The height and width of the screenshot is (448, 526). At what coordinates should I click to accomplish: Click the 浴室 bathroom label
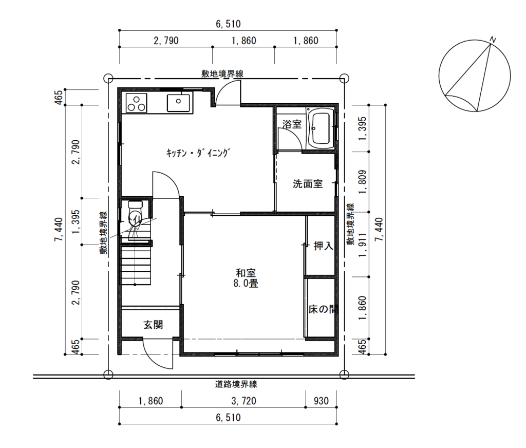click(x=292, y=124)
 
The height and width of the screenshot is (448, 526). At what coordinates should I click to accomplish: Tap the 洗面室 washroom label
click(x=308, y=184)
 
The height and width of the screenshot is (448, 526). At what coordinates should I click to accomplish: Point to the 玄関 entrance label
click(x=153, y=325)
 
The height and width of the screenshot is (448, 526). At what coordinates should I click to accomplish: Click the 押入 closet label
click(x=324, y=246)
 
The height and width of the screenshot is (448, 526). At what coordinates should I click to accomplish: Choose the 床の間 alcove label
click(x=322, y=309)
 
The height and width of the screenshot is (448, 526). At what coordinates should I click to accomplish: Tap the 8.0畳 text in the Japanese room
click(x=246, y=284)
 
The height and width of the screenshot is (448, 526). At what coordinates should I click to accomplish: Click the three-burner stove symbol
click(x=137, y=103)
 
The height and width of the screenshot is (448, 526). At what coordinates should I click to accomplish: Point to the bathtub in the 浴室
click(x=321, y=128)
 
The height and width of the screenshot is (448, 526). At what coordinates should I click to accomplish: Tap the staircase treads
click(x=136, y=266)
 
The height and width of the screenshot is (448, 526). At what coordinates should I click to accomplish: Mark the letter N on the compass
click(x=493, y=40)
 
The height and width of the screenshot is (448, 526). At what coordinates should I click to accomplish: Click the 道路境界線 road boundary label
click(x=236, y=384)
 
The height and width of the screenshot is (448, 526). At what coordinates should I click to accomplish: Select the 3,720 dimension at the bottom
click(x=244, y=401)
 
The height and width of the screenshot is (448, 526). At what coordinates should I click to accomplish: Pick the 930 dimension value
click(x=321, y=401)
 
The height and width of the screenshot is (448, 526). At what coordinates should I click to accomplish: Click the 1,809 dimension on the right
click(x=363, y=182)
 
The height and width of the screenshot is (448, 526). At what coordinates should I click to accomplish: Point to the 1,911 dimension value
click(x=363, y=245)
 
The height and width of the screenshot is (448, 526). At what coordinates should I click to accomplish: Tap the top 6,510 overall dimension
click(x=228, y=24)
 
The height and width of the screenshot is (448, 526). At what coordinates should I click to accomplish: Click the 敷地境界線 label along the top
click(x=222, y=74)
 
